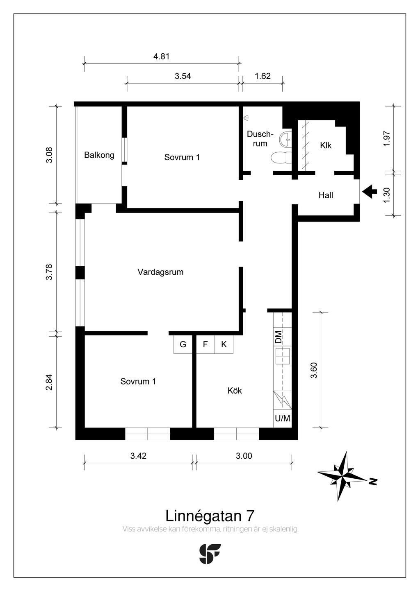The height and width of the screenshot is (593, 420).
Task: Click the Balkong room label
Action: tap(99, 155)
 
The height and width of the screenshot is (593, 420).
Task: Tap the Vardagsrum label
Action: tap(160, 272)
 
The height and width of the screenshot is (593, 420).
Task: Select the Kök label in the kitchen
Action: tap(235, 390)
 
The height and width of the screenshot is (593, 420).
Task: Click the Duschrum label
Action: tap(260, 139)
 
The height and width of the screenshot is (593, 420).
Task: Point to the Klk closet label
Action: tap(326, 145)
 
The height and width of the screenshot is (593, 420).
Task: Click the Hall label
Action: tap(326, 195)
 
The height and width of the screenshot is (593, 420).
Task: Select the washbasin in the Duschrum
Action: tap(285, 138)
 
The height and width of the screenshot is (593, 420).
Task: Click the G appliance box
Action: tap(183, 344)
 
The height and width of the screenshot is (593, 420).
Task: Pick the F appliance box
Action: tap(205, 344)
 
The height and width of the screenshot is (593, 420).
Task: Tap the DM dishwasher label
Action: tap(278, 337)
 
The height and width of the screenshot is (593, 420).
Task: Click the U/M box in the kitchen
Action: tap(283, 418)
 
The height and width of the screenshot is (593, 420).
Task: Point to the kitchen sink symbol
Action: tap(283, 356)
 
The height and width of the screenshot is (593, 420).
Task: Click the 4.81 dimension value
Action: tap(161, 57)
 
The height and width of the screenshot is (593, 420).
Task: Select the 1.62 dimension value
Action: tap(262, 76)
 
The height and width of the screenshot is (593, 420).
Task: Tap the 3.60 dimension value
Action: tap(314, 370)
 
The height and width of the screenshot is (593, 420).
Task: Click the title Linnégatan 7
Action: tap(210, 516)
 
